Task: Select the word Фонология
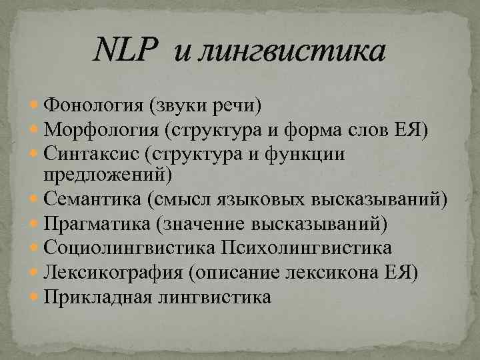pos(93,105)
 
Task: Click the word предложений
pos(105,173)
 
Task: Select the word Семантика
pos(93,199)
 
